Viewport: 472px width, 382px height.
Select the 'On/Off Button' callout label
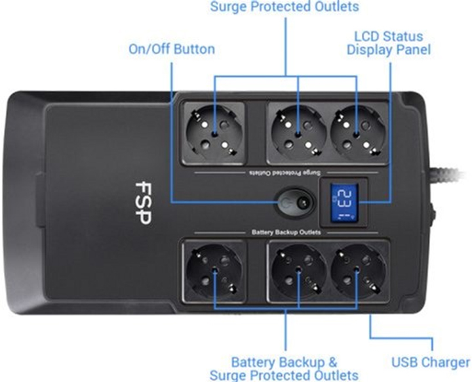pos(172,49)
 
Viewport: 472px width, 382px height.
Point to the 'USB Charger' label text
pos(430,362)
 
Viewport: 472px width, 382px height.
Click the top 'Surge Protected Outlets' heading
pos(285,7)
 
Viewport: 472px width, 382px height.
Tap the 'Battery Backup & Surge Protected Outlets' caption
pos(285,368)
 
